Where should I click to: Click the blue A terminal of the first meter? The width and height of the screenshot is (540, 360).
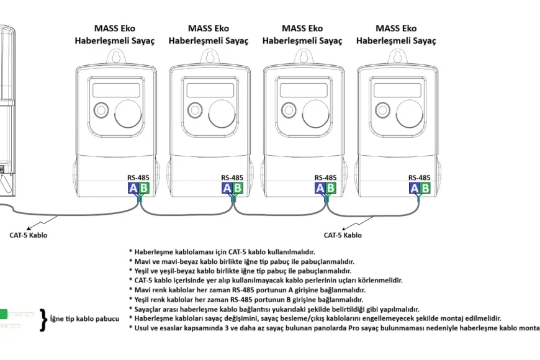pyautogui.click(x=132, y=188)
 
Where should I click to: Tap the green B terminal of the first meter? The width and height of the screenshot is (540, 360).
pyautogui.click(x=143, y=188)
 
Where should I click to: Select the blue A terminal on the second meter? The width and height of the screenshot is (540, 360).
pyautogui.click(x=227, y=188)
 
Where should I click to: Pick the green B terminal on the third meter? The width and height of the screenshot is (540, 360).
pyautogui.click(x=331, y=188)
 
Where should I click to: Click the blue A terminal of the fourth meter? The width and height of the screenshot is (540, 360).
pyautogui.click(x=414, y=188)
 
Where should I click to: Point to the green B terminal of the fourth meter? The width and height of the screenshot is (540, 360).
pyautogui.click(x=425, y=188)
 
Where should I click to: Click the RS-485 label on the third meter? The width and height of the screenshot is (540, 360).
pyautogui.click(x=326, y=178)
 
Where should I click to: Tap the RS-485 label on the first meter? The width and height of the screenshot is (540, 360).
pyautogui.click(x=138, y=178)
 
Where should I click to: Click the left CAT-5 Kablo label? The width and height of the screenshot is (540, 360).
pyautogui.click(x=28, y=235)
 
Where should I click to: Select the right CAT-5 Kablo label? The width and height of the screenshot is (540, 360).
pyautogui.click(x=343, y=235)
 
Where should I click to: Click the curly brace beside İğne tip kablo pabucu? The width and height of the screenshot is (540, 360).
pyautogui.click(x=43, y=319)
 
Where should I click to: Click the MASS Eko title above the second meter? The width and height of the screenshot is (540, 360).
pyautogui.click(x=209, y=28)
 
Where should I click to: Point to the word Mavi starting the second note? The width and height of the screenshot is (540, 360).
pyautogui.click(x=144, y=261)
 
